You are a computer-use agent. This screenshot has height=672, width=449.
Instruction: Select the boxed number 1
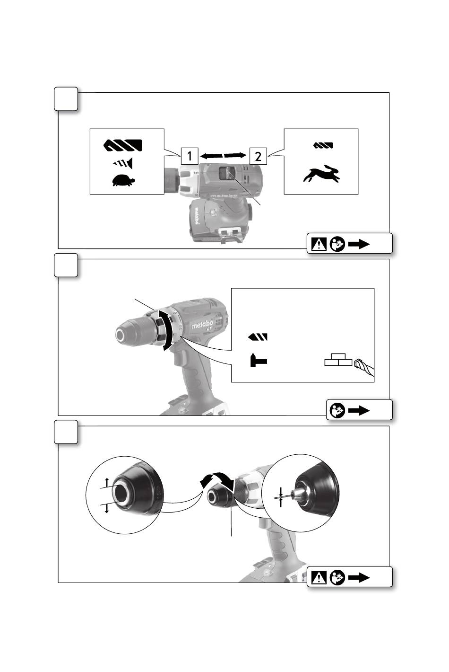coord(189,156)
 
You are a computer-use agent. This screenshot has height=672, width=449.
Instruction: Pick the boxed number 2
coord(258,156)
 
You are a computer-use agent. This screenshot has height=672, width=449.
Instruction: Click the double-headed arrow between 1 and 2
coord(223,155)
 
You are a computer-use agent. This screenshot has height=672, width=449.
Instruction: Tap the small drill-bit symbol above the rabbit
coord(323,145)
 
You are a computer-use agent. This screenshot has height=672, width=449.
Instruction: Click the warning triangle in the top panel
coord(319,244)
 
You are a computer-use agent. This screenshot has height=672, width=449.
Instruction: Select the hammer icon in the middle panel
coord(258,361)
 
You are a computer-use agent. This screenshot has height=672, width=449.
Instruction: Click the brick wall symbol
coord(338,360)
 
